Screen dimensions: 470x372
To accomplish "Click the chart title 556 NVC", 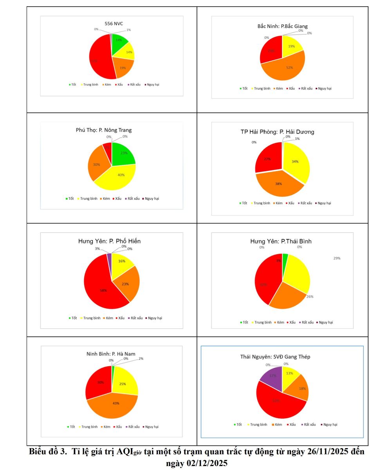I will (x=114, y=24).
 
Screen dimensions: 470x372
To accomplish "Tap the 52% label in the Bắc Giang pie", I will (x=289, y=67).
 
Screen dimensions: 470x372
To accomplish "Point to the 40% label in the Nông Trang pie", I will (x=121, y=175).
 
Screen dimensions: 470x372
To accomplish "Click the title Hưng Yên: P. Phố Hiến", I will (x=109, y=241).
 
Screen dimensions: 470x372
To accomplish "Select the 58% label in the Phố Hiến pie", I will (x=103, y=291).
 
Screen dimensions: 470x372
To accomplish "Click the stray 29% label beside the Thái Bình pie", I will (x=337, y=258).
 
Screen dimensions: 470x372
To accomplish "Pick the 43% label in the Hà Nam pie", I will (x=116, y=403).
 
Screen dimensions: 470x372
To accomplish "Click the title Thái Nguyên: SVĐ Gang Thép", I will (x=275, y=357).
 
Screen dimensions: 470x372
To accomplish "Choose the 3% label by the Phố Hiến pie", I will (x=97, y=249).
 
